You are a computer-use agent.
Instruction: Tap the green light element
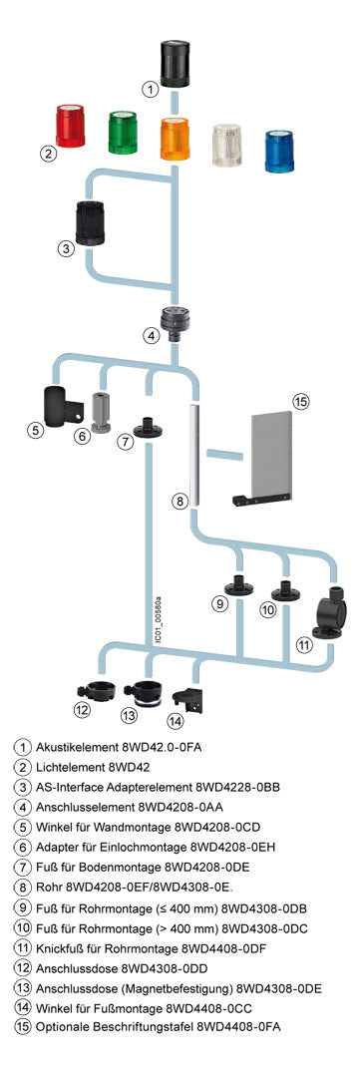124,133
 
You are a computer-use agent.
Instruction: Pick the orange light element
175,139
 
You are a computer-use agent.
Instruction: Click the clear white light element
228,146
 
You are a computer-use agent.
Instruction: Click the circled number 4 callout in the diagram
151,336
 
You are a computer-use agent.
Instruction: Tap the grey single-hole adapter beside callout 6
101,413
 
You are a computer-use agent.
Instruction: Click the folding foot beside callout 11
326,613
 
